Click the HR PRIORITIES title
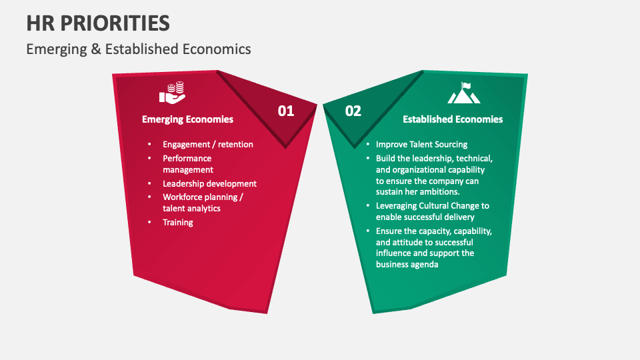(x=98, y=23)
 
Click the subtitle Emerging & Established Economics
(x=139, y=49)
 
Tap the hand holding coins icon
(x=172, y=93)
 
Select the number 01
(x=286, y=111)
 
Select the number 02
(x=353, y=111)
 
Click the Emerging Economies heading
(x=188, y=119)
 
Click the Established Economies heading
(x=453, y=119)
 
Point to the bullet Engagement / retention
(x=208, y=144)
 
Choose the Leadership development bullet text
(x=209, y=184)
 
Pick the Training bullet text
(x=178, y=223)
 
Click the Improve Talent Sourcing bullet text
(x=421, y=144)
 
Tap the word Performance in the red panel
(x=187, y=158)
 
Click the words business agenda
(x=407, y=265)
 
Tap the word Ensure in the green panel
(x=388, y=231)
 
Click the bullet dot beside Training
(x=149, y=222)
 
